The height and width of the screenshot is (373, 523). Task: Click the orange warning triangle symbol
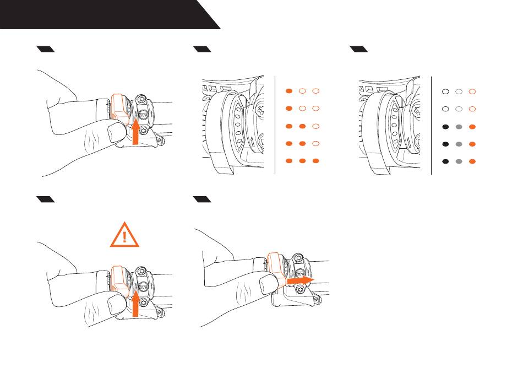click(124, 235)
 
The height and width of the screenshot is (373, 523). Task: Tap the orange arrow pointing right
click(299, 280)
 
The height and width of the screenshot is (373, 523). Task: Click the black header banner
click(105, 14)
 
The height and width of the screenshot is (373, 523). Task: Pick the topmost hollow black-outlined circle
click(445, 90)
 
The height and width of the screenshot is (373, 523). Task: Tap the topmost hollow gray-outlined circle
click(459, 90)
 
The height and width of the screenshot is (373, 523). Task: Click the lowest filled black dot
click(445, 162)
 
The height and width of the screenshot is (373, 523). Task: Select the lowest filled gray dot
click(459, 162)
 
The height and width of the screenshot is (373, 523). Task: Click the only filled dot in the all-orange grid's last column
click(315, 162)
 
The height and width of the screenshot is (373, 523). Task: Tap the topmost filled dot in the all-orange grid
click(288, 90)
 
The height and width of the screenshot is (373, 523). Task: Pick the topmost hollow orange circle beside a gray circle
click(472, 90)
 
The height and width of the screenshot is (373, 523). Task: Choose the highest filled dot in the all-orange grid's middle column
click(302, 127)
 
